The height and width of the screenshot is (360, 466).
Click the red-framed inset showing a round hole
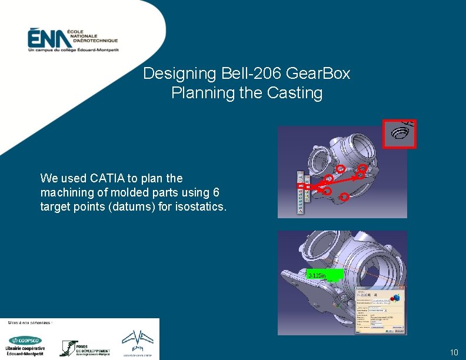point(400,134)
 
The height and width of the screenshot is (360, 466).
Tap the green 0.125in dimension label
point(324,275)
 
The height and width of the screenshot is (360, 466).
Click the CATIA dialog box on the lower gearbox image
point(380,309)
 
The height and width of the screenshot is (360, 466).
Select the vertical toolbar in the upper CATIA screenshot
point(301,193)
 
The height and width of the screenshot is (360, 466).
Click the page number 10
point(454,352)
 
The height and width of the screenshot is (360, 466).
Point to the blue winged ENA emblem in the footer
point(137,341)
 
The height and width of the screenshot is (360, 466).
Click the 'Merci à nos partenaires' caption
point(30,323)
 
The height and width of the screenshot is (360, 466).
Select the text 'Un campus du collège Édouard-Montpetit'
point(73,51)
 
